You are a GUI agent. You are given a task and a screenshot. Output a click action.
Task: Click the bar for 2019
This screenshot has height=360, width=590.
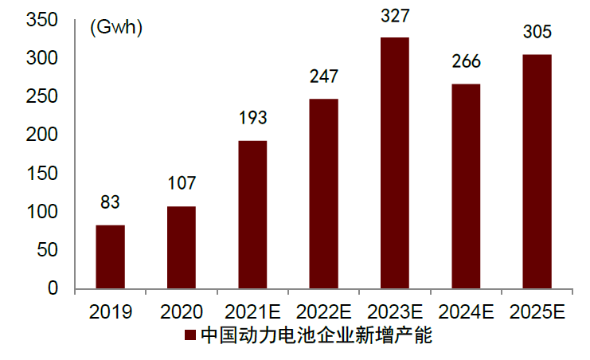110,256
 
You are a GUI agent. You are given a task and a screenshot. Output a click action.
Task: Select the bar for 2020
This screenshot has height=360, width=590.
181,247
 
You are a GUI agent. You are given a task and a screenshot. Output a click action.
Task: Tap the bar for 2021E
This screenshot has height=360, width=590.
252,214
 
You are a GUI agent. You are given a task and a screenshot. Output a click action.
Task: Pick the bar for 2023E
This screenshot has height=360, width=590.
394,162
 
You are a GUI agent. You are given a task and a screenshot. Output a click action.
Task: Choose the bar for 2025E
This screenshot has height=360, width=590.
537,171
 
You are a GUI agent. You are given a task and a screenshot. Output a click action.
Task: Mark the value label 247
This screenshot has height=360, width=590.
323,76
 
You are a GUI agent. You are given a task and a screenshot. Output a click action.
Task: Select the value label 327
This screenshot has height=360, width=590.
394,16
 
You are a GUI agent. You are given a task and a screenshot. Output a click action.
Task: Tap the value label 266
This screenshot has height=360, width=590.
466,62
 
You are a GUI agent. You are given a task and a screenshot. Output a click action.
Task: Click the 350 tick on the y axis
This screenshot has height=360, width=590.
42,21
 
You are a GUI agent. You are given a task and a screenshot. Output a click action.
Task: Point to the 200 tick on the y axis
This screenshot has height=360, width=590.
42,135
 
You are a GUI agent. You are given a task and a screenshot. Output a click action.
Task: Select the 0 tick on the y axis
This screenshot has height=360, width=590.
53,288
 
